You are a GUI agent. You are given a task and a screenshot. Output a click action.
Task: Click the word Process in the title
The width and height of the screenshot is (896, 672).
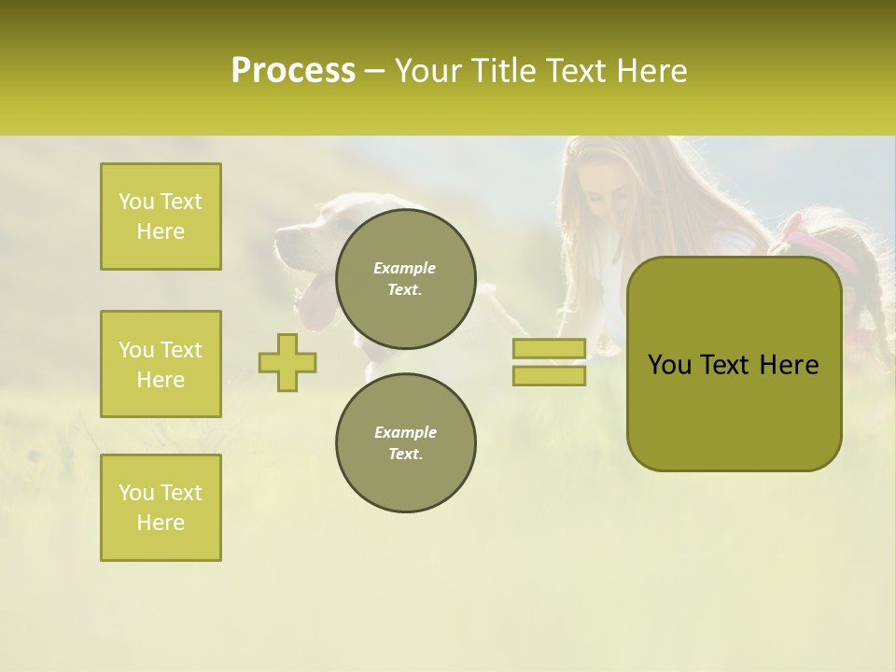pos(293,71)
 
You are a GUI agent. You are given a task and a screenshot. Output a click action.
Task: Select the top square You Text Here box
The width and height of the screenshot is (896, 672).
pos(161,217)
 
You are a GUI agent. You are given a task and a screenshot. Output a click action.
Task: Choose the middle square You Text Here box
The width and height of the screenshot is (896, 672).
pos(161,364)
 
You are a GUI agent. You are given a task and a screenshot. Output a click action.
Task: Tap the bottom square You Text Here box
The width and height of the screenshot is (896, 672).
pos(161,507)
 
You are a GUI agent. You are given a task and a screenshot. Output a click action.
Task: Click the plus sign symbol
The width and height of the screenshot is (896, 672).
pos(287,362)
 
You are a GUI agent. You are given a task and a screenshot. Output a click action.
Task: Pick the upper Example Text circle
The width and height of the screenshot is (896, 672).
pos(406,279)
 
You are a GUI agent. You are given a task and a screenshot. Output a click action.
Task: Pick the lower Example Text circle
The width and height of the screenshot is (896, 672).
pos(406,443)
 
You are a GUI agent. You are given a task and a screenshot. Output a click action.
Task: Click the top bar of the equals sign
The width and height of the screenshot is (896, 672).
pos(549,349)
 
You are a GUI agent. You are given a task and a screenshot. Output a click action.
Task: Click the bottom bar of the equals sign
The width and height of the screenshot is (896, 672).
pos(549,375)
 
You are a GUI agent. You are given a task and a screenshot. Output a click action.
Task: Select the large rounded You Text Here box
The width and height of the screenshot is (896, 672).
pos(734,364)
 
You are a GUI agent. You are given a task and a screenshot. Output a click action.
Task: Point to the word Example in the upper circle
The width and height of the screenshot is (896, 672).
pos(405,268)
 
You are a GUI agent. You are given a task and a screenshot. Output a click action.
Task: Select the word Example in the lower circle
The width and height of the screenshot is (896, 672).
pos(405,432)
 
